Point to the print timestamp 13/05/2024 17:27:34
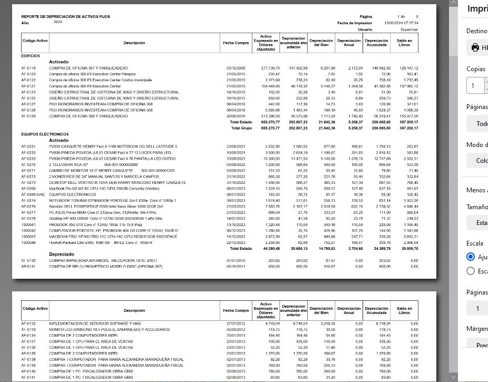(401, 23)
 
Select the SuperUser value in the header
(409, 30)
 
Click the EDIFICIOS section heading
(30, 55)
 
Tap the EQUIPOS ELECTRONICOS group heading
(45, 134)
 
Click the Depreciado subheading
(61, 254)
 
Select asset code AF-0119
(28, 68)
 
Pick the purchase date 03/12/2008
(237, 68)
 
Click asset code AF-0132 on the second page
(28, 323)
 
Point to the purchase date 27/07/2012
(237, 323)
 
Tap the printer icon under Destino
(475, 48)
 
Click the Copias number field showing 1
(477, 85)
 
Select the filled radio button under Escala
(471, 257)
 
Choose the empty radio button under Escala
(471, 271)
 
